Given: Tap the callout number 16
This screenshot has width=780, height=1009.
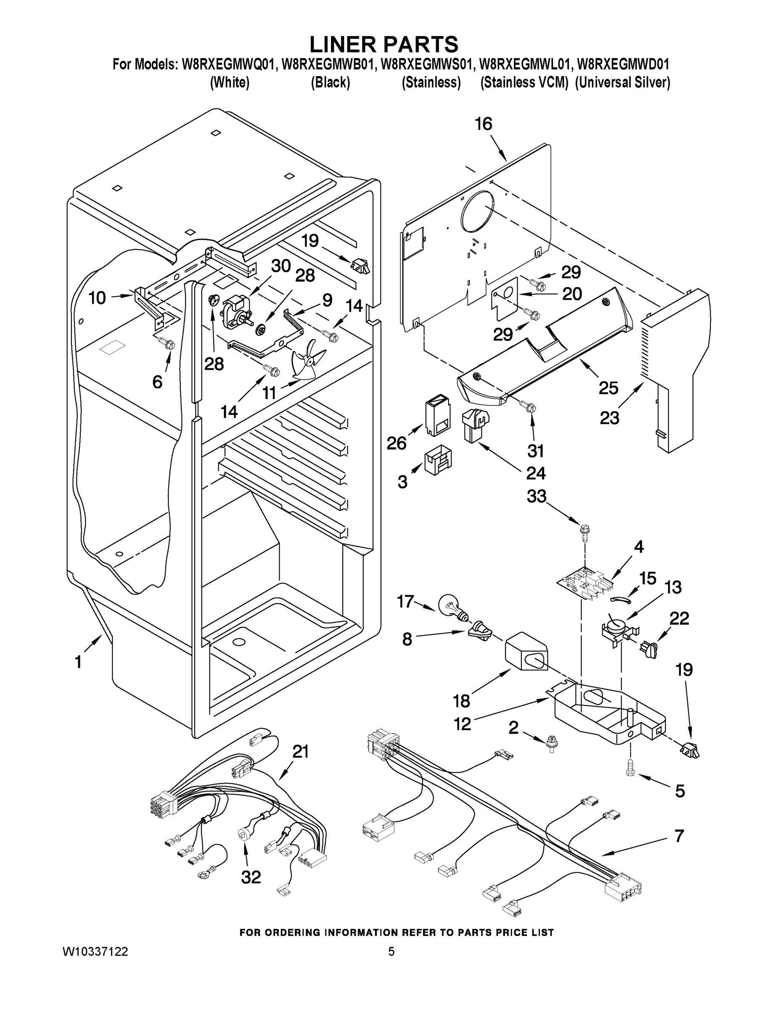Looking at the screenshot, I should [x=483, y=124].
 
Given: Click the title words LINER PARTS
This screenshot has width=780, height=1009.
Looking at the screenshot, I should [x=383, y=44].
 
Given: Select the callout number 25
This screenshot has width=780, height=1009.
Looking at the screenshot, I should [x=608, y=388].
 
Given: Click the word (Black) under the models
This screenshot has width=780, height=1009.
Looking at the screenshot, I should [x=330, y=83].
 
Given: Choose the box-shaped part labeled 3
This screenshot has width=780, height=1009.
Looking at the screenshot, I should [x=438, y=460].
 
